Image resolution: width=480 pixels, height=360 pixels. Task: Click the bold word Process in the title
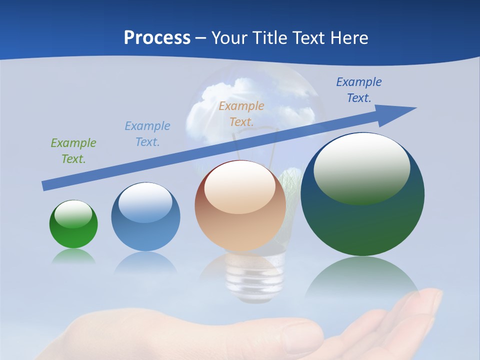(x=157, y=38)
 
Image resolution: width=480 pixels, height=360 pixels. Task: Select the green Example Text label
(x=73, y=150)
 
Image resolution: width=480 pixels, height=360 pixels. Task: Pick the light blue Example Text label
(x=147, y=133)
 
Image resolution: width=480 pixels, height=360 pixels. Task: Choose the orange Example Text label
(x=241, y=113)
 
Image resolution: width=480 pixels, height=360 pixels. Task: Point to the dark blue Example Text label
(x=359, y=89)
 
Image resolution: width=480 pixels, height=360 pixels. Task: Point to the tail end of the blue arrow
(x=45, y=186)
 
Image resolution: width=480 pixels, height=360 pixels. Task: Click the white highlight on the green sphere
(x=73, y=214)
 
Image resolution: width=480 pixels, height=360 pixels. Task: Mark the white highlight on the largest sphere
(x=361, y=167)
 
